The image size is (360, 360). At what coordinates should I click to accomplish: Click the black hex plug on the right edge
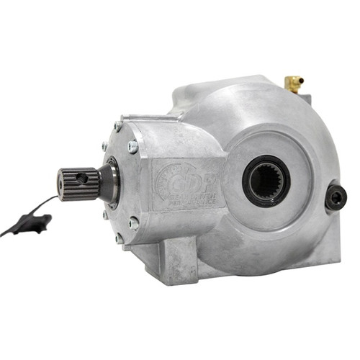(335, 197)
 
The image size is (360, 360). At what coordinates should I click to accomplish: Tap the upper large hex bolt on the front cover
(133, 146)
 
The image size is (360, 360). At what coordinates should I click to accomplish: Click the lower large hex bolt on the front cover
(134, 222)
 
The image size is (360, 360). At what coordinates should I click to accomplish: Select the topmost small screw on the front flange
(117, 127)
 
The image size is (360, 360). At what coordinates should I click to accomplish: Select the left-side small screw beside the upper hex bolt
(105, 147)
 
